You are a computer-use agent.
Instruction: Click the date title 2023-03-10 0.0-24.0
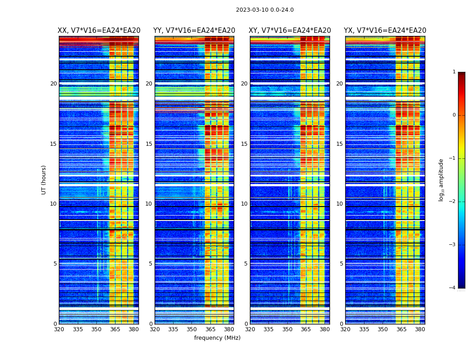point(265,10)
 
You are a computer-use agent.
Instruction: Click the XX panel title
point(99,31)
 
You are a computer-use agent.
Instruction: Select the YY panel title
point(194,31)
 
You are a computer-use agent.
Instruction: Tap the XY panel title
point(290,31)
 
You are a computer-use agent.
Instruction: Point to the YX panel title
point(385,31)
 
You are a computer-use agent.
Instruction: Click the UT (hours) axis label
point(44,180)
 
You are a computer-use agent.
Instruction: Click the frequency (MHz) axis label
point(217,338)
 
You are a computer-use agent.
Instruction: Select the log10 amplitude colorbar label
point(441,180)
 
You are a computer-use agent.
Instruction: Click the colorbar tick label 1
point(454,72)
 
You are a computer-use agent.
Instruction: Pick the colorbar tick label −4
point(453,288)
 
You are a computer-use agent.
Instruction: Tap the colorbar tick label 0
point(454,115)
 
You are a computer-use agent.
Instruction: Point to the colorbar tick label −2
point(453,202)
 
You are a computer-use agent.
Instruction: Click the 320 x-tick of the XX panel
point(59,329)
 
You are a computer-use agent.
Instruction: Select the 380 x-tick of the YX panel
point(420,329)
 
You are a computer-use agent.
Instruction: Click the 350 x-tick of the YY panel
point(192,329)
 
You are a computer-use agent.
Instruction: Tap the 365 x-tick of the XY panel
point(306,329)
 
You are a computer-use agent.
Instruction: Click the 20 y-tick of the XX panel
point(53,84)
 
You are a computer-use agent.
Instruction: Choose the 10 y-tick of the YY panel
point(149,204)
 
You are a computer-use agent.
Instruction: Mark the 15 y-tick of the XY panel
point(244,144)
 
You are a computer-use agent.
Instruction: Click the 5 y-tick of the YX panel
point(341,264)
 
